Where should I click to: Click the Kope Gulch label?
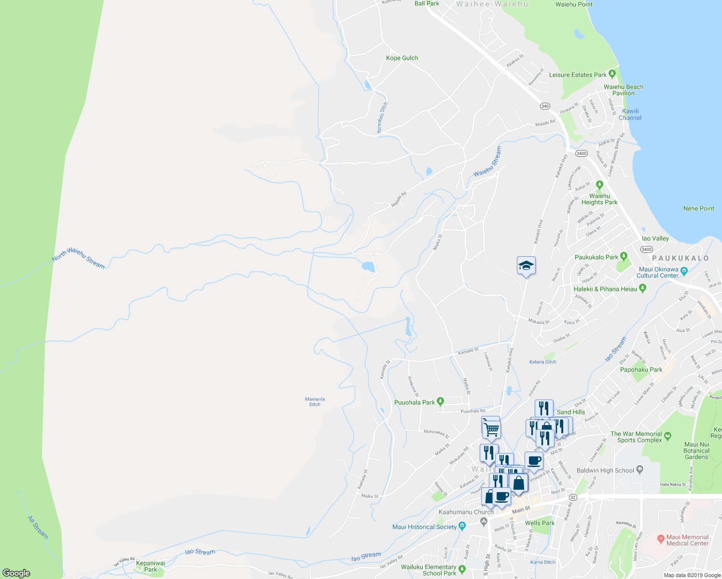[x=402, y=58]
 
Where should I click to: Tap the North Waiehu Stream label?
[x=78, y=258]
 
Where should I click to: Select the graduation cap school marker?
[x=526, y=265]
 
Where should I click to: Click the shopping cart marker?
[x=491, y=428]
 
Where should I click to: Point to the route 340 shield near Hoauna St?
[x=545, y=106]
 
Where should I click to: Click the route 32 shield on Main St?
[x=573, y=497]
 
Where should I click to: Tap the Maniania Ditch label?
[x=315, y=401]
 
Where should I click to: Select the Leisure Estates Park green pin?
[x=612, y=74]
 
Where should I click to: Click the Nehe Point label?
[x=698, y=208]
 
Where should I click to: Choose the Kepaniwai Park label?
[x=151, y=566]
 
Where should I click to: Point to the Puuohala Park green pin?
[x=440, y=402]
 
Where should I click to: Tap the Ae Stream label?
[x=38, y=527]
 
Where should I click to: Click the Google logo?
[x=16, y=573]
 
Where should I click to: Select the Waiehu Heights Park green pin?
[x=599, y=184]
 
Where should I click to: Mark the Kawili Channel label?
[x=630, y=114]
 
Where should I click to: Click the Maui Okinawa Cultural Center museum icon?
[x=683, y=270]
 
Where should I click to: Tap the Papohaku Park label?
[x=641, y=370]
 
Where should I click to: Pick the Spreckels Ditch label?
[x=382, y=118]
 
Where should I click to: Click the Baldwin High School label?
[x=605, y=470]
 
